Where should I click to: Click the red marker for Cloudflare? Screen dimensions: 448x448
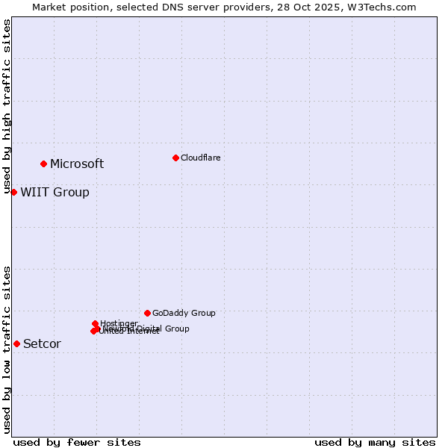175,158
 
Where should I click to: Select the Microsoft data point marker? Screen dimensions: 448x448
44,164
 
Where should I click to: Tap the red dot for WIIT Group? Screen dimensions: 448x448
13,192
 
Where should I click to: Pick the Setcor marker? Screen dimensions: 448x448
16,343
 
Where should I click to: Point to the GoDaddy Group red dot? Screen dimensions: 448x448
147,313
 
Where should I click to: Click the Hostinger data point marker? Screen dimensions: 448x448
96,323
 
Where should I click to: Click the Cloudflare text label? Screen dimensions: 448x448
200,158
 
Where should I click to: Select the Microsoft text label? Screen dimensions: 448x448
77,164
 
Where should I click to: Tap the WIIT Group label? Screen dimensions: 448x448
55,192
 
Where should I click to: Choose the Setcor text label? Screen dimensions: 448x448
42,343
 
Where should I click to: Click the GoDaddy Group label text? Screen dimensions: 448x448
184,313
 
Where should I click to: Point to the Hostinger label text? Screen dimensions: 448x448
119,323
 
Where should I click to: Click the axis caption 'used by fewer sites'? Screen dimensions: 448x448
77,442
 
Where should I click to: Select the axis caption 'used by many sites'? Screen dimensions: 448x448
375,442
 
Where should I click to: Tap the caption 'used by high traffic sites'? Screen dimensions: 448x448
7,107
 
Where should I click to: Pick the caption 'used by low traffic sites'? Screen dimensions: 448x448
7,349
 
